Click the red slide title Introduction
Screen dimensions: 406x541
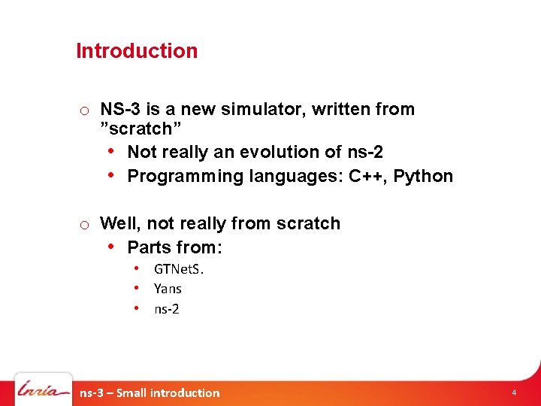137,51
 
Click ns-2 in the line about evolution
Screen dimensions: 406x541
365,152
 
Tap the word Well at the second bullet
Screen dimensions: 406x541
119,224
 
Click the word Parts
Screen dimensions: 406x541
150,247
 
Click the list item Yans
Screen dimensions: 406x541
168,289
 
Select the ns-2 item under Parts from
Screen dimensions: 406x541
167,309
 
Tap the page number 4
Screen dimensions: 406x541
514,392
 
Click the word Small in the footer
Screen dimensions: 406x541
132,392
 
